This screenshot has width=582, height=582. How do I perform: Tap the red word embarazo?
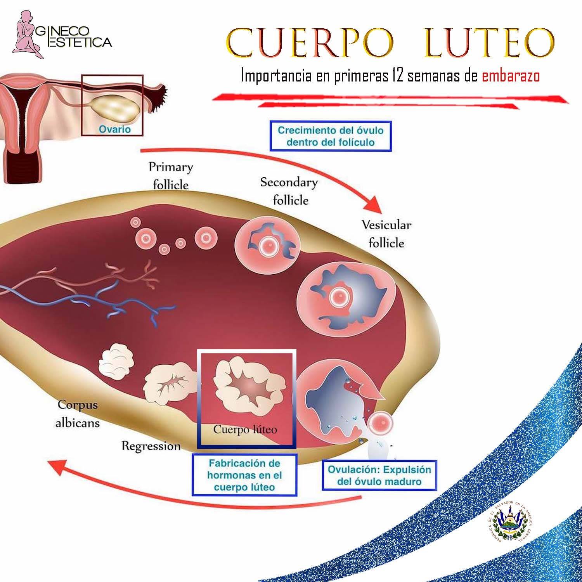(511, 76)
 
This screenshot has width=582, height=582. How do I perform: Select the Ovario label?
(114, 129)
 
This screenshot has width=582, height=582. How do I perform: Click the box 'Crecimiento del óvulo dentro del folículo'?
(331, 136)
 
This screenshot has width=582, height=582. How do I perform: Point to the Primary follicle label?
(171, 176)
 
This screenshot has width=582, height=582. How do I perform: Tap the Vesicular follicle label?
(386, 234)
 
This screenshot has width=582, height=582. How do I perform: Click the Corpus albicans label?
(78, 414)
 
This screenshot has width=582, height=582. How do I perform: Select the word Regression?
(151, 446)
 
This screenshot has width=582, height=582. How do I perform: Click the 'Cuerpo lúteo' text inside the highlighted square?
(245, 430)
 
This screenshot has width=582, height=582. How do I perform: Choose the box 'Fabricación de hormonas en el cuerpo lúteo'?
(244, 475)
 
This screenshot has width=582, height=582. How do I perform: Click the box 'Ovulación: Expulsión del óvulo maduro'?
(379, 476)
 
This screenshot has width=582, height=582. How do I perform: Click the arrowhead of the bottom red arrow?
(58, 468)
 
